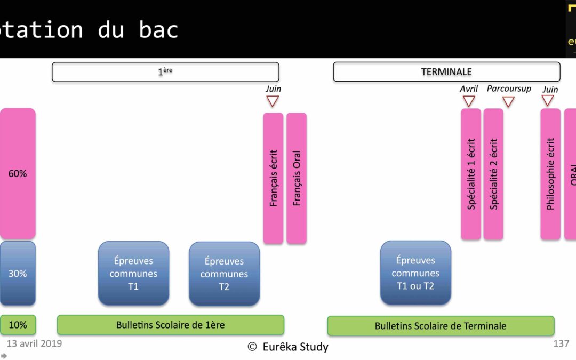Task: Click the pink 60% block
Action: click(18, 174)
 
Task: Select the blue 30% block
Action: click(18, 274)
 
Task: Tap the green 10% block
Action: click(18, 325)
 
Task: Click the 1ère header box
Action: click(165, 72)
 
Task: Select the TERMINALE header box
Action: click(446, 72)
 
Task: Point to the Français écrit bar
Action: click(273, 178)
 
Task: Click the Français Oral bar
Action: click(297, 178)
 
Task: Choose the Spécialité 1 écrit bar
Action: click(471, 174)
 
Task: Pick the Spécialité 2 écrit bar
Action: click(493, 174)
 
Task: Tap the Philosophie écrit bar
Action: click(550, 174)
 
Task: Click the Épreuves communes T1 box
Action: click(133, 274)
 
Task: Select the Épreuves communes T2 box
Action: click(224, 274)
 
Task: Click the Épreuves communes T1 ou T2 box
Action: click(415, 273)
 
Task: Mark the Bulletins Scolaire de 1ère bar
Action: click(171, 325)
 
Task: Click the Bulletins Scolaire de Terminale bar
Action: click(441, 326)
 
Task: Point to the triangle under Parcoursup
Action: click(508, 101)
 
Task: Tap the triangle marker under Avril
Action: click(469, 101)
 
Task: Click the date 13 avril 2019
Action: click(34, 343)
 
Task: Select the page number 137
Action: click(561, 343)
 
